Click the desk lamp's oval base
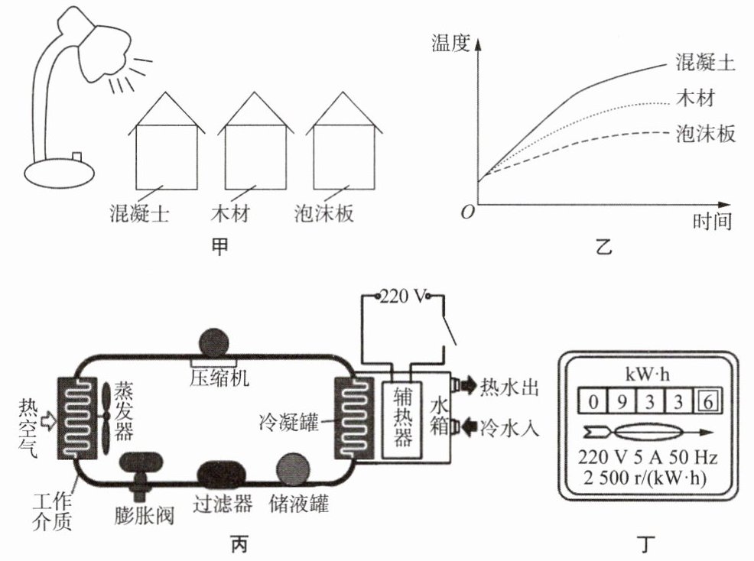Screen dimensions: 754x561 pyautogui.click(x=59, y=173)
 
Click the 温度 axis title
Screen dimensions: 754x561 pyautogui.click(x=450, y=43)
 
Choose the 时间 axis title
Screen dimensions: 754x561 pyautogui.click(x=712, y=222)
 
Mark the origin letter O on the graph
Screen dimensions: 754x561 pyautogui.click(x=467, y=212)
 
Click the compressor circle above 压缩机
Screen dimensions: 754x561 pyautogui.click(x=213, y=343)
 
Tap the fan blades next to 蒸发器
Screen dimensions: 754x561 pyautogui.click(x=106, y=419)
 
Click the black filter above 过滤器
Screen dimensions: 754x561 pyautogui.click(x=222, y=475)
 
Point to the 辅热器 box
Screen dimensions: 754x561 pyautogui.click(x=402, y=420)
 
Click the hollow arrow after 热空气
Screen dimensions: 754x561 pyautogui.click(x=49, y=420)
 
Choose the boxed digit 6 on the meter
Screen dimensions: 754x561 pyautogui.click(x=707, y=401)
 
